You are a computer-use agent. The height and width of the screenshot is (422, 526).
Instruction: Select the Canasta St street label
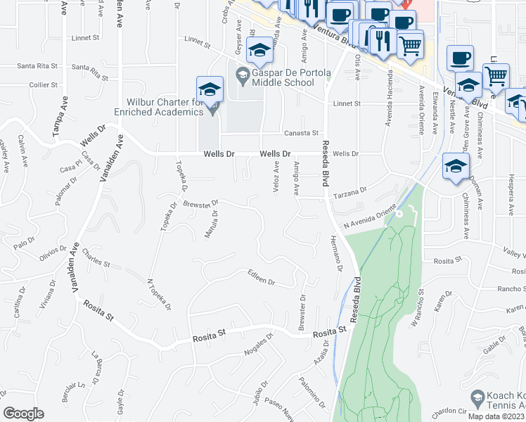[302, 133]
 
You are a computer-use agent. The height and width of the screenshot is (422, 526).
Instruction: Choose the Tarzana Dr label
[351, 192]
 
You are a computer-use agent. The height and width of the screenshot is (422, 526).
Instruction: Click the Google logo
[23, 414]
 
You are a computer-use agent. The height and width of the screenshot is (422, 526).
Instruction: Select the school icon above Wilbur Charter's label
[210, 89]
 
